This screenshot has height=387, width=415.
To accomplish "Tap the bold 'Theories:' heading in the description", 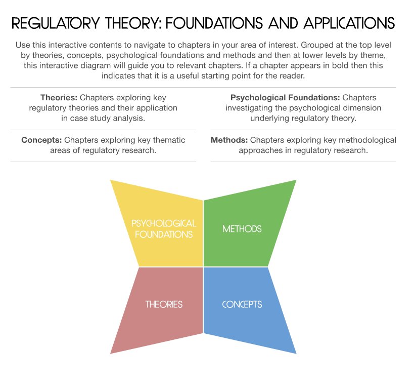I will click(x=59, y=98).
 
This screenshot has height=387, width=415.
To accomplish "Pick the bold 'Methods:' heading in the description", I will click(x=229, y=140).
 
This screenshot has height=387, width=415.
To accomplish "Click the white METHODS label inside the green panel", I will click(x=242, y=229).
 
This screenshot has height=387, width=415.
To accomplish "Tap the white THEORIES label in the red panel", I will click(x=164, y=304).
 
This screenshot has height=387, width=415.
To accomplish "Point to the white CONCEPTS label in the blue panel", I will click(x=242, y=304).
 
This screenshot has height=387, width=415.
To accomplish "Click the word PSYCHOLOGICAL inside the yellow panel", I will click(x=164, y=223).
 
